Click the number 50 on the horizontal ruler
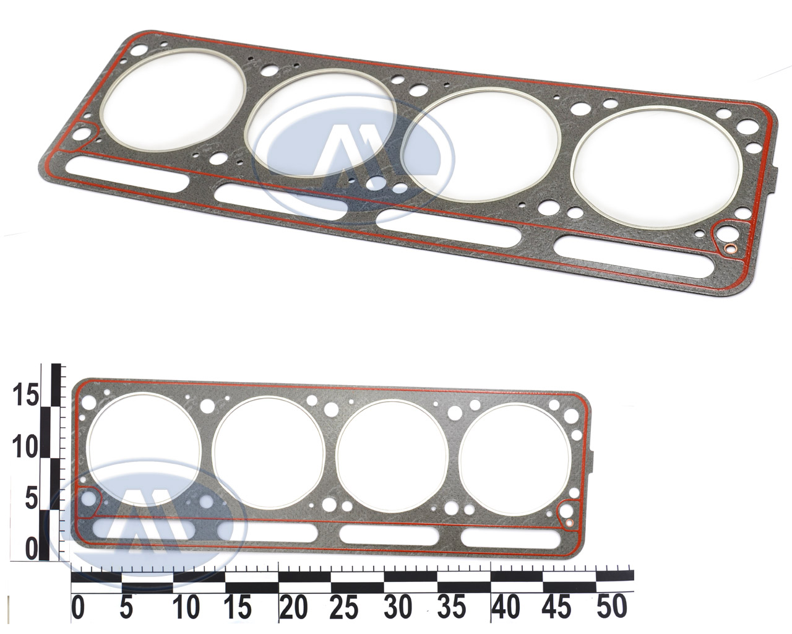611,607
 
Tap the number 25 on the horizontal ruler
345,607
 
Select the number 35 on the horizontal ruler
451,607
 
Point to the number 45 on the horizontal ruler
557,607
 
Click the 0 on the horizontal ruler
78,607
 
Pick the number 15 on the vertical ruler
25,394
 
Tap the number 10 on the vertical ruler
25,447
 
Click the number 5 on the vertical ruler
31,498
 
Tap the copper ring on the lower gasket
569,522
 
